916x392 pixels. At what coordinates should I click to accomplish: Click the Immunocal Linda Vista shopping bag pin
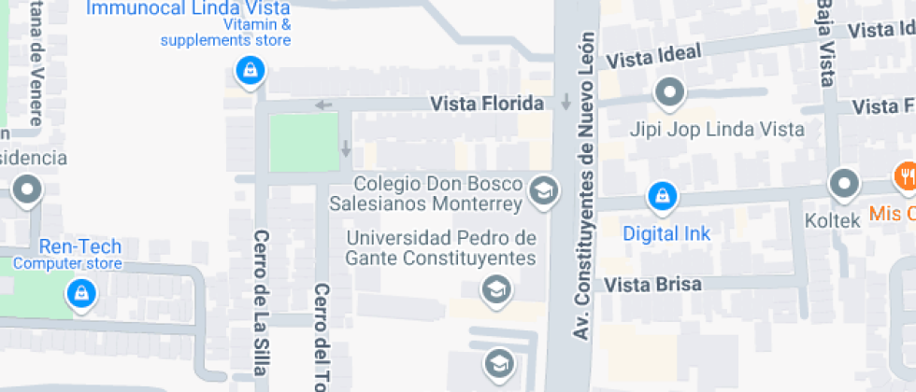pos(249,70)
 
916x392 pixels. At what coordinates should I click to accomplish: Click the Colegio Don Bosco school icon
pos(541,191)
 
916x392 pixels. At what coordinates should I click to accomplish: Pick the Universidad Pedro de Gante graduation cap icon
pos(496,289)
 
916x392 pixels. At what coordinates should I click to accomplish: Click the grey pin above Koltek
pos(844,184)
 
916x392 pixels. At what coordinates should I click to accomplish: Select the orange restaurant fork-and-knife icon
pos(904,175)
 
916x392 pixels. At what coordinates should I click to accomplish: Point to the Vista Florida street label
pos(487,103)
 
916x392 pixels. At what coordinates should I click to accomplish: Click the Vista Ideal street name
pos(653,57)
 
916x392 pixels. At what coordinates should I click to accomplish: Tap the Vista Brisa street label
pos(652,284)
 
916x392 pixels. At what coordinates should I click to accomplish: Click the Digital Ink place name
pos(666,233)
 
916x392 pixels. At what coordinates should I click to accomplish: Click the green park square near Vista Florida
pos(304,142)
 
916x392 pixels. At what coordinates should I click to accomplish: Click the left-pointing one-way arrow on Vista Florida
pos(323,105)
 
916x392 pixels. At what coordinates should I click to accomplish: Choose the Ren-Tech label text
pos(80,247)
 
